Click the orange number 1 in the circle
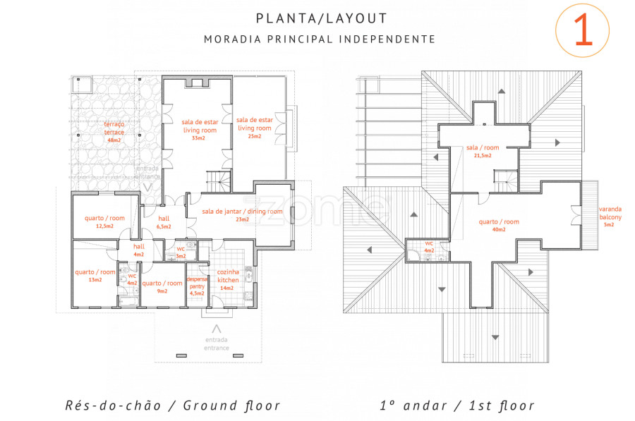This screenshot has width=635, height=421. coord(583,29)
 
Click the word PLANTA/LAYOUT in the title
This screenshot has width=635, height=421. coord(322,18)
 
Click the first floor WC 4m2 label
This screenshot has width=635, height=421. coord(429,247)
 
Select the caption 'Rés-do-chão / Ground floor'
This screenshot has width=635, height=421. coord(173,405)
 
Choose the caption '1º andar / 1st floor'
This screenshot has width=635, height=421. coord(456,405)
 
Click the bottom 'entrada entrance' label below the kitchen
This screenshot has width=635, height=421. coord(217,343)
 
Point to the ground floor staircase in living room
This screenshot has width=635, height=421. coord(219,181)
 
